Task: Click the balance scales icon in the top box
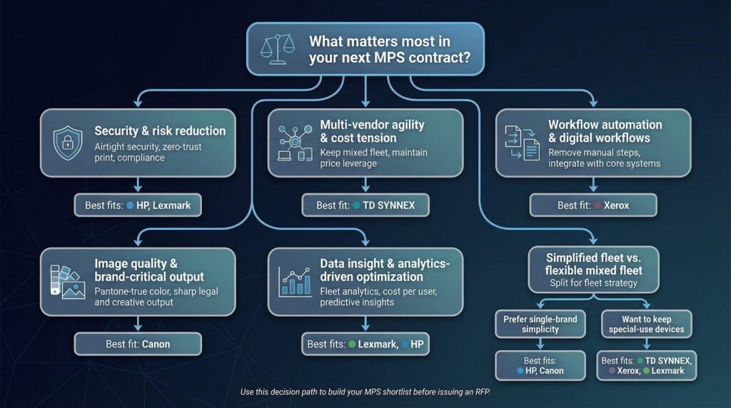pyautogui.click(x=278, y=49)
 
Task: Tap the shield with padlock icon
pyautogui.click(x=68, y=143)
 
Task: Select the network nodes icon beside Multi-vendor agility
pyautogui.click(x=295, y=143)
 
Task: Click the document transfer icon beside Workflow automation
pyautogui.click(x=522, y=143)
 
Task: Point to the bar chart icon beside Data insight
pyautogui.click(x=295, y=282)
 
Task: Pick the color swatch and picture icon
pyautogui.click(x=68, y=282)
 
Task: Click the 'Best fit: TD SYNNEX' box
pyautogui.click(x=365, y=205)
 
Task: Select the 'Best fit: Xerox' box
pyautogui.click(x=593, y=205)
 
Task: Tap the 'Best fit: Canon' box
pyautogui.click(x=138, y=345)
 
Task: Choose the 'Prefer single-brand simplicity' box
pyautogui.click(x=540, y=324)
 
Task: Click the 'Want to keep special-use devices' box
pyautogui.click(x=647, y=324)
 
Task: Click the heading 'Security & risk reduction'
pyautogui.click(x=160, y=131)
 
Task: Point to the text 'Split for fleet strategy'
pyautogui.click(x=593, y=282)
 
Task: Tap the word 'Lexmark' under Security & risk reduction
pyautogui.click(x=171, y=205)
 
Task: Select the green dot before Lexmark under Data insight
pyautogui.click(x=352, y=345)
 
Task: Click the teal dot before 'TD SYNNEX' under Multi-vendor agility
pyautogui.click(x=357, y=205)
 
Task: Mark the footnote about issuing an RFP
pyautogui.click(x=365, y=392)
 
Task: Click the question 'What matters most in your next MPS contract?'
pyautogui.click(x=389, y=49)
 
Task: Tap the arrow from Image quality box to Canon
pyautogui.click(x=138, y=324)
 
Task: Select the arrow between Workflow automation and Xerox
pyautogui.click(x=593, y=185)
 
